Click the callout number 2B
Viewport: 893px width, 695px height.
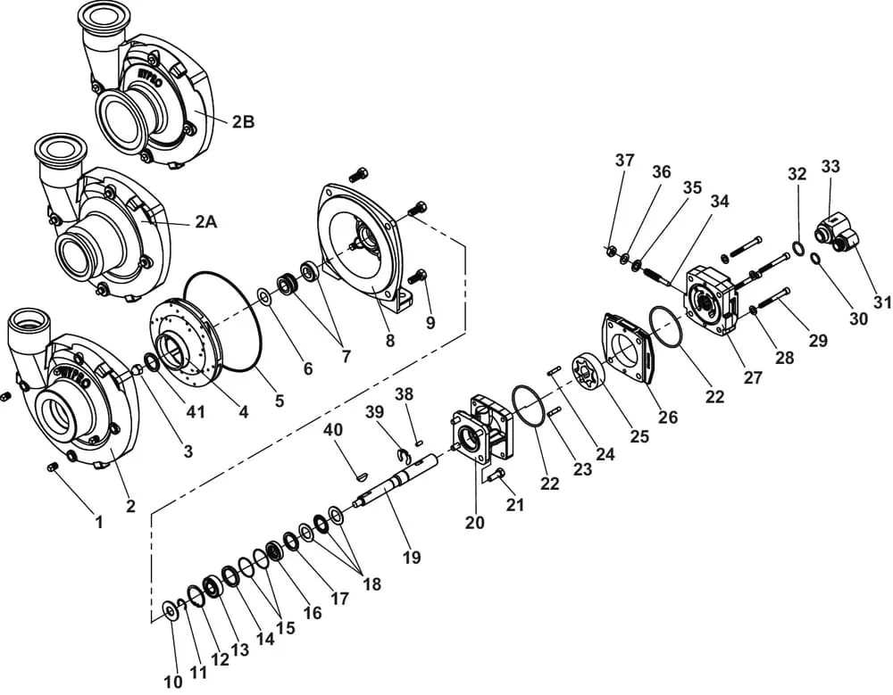243,122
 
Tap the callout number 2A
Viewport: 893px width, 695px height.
206,221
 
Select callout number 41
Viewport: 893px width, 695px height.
196,411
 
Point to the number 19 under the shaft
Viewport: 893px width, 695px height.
412,557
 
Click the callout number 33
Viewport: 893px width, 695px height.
830,166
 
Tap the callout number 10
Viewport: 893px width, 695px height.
173,682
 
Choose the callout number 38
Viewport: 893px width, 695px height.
405,393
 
